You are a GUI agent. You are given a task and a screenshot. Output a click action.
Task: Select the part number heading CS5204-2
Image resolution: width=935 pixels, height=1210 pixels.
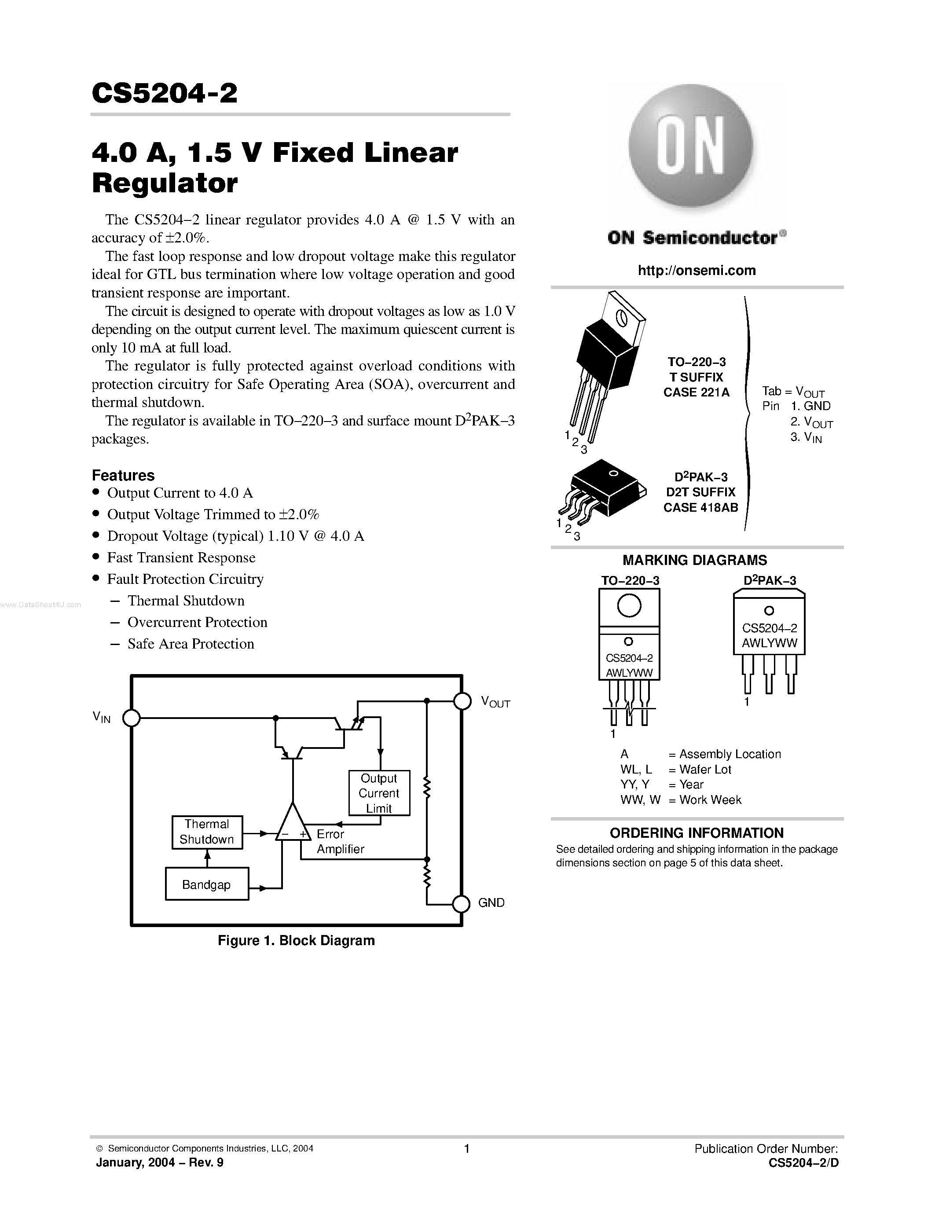[x=165, y=93]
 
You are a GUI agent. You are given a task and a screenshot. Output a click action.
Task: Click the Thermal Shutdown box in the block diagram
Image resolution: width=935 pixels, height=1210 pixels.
[x=207, y=832]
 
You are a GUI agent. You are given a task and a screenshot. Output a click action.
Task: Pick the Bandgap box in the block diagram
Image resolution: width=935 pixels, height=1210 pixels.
[x=207, y=885]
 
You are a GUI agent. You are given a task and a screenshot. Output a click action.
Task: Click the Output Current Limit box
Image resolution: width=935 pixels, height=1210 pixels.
[x=379, y=793]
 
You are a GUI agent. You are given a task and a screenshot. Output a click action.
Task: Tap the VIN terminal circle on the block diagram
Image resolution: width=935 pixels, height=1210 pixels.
[x=131, y=718]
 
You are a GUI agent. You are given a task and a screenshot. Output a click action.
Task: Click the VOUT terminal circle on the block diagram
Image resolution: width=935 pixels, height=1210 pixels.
[x=462, y=701]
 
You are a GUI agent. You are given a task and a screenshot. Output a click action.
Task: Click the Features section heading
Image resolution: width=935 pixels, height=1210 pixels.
[x=123, y=475]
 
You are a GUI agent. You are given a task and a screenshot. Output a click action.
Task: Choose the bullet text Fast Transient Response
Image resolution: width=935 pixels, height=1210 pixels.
[x=181, y=557]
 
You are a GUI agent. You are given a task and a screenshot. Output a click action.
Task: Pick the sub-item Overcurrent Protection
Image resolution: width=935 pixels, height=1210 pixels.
[x=197, y=622]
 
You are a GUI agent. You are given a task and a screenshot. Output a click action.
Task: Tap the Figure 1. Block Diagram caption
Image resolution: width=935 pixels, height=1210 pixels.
[x=297, y=940]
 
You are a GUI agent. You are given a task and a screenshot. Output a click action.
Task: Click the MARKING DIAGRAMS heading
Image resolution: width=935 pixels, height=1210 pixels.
[x=695, y=560]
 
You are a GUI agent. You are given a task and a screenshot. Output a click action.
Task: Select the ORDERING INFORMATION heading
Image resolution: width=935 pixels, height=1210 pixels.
[x=696, y=833]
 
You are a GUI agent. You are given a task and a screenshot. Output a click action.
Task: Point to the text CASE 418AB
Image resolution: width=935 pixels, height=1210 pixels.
[x=700, y=507]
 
